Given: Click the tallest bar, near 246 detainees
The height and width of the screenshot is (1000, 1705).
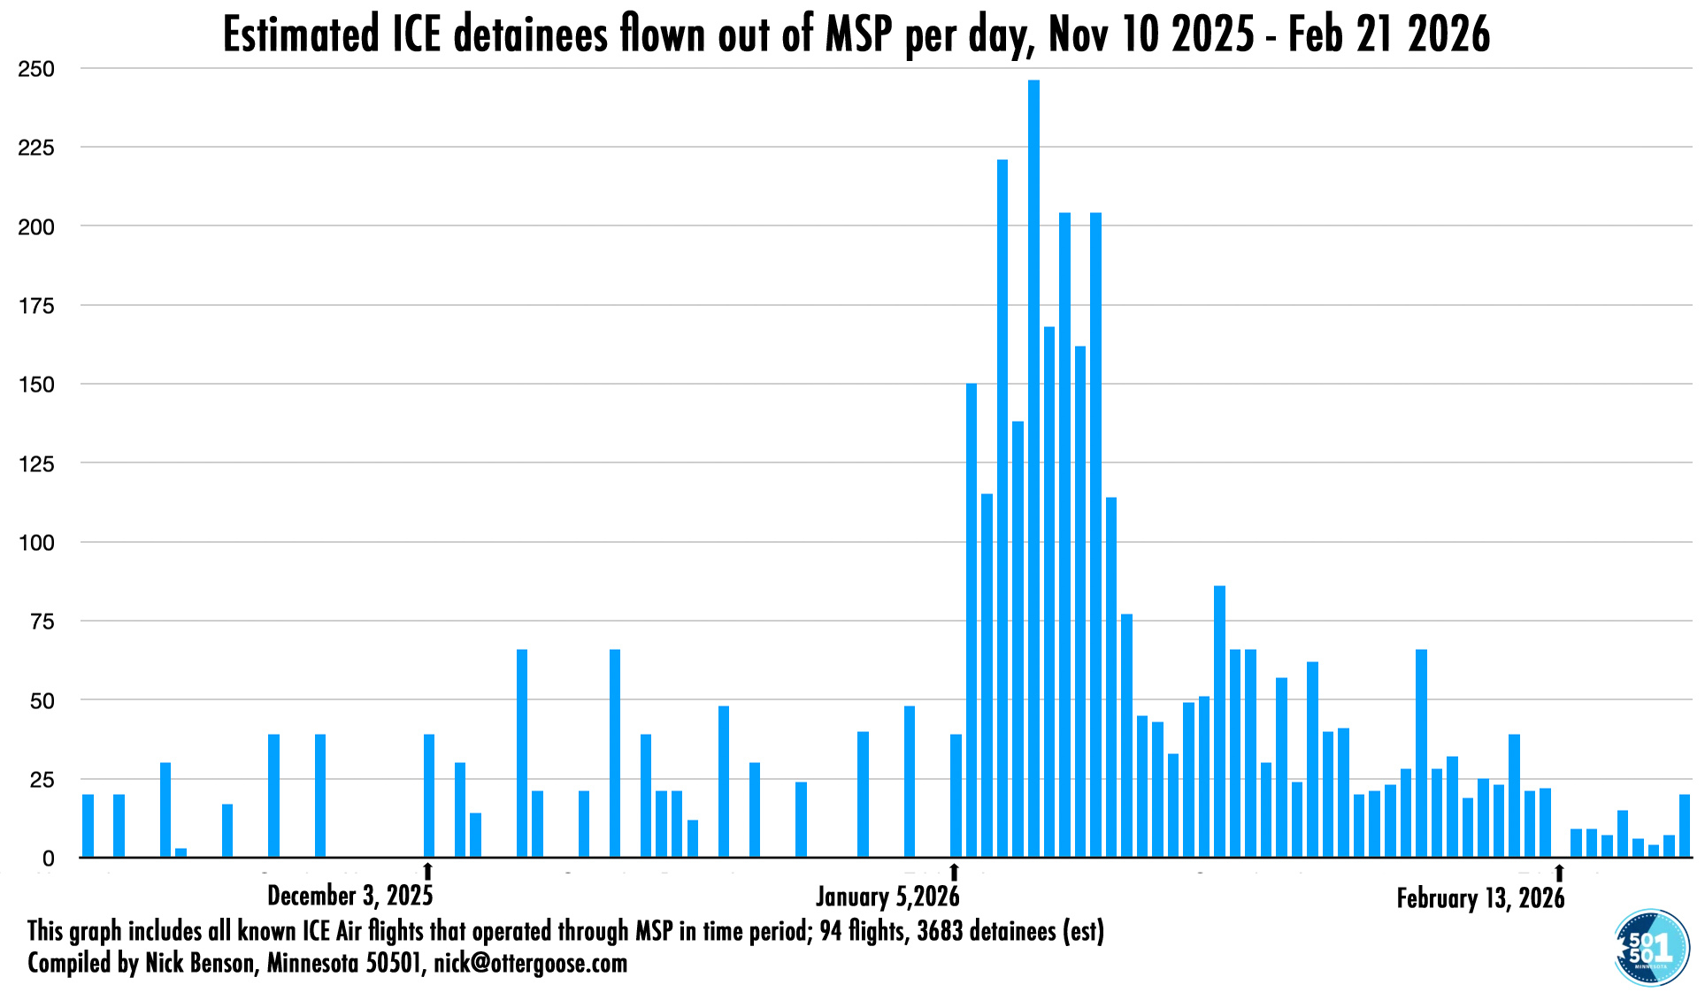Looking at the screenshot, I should pyautogui.click(x=1033, y=469).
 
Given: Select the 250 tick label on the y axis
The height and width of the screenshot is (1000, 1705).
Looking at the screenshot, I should pyautogui.click(x=36, y=69).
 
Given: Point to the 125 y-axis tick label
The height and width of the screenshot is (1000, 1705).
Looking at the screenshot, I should pyautogui.click(x=36, y=463).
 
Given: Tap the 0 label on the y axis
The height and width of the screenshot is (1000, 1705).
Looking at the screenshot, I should pyautogui.click(x=48, y=859).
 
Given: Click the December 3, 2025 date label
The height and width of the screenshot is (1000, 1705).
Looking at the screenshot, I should pyautogui.click(x=350, y=896).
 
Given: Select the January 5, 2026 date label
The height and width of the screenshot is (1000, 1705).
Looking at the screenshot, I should pyautogui.click(x=887, y=897).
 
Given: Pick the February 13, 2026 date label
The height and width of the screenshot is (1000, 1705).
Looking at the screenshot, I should pyautogui.click(x=1480, y=898).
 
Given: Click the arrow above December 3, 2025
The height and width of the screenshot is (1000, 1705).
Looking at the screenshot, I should pyautogui.click(x=428, y=872).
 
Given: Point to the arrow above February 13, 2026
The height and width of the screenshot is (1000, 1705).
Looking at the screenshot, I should pyautogui.click(x=1559, y=873).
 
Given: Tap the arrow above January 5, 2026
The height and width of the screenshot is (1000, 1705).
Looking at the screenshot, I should pyautogui.click(x=954, y=872).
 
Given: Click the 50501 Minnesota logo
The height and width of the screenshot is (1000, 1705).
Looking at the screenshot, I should pyautogui.click(x=1651, y=948).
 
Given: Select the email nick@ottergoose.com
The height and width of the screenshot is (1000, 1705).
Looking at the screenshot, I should pyautogui.click(x=530, y=963).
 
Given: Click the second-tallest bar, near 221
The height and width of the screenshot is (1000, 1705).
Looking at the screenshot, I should pyautogui.click(x=1002, y=508).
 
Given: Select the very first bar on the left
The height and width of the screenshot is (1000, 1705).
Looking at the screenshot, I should pyautogui.click(x=88, y=826).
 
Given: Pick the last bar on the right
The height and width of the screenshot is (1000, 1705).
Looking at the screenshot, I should pyautogui.click(x=1685, y=826).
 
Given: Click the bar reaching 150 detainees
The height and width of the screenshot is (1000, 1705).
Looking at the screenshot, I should pyautogui.click(x=972, y=619).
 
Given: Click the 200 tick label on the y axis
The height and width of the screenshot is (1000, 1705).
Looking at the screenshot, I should pyautogui.click(x=36, y=227).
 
